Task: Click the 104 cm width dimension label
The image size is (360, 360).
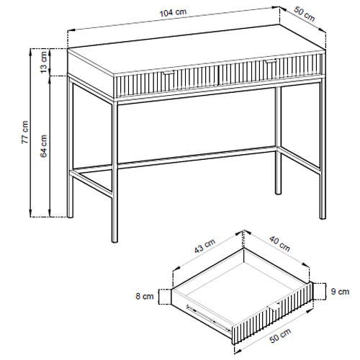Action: (173, 13)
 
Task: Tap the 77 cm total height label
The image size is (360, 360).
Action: (25, 132)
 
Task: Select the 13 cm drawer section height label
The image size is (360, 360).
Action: (44, 62)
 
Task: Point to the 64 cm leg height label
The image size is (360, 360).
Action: (44, 146)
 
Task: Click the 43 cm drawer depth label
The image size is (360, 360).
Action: (204, 246)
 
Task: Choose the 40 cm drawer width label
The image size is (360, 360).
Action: (279, 243)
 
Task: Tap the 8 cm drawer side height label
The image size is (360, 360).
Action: (145, 296)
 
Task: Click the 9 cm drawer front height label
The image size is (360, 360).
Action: (340, 292)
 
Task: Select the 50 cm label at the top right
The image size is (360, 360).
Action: (304, 14)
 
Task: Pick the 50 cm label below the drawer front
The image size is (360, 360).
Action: (280, 336)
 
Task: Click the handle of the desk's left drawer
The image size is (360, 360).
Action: (169, 73)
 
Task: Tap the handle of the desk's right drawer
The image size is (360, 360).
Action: (271, 61)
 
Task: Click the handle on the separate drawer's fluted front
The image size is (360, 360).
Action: (274, 307)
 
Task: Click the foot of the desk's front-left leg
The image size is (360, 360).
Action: (115, 240)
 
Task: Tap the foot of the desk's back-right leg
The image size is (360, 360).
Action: (278, 192)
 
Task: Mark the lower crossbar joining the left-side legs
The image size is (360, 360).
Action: (92, 182)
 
